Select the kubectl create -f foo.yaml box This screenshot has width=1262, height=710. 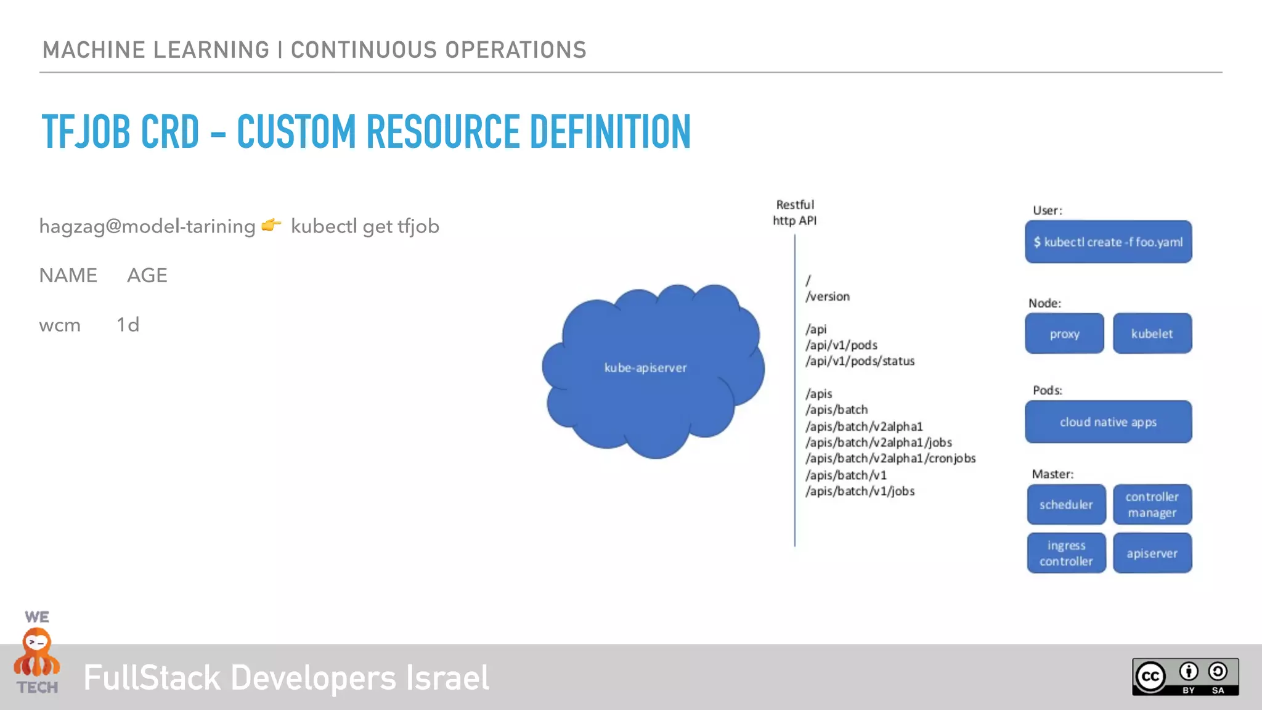pos(1108,242)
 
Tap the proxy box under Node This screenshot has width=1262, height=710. pos(1064,333)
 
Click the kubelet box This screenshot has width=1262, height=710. pos(1152,333)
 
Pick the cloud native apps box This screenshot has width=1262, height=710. pos(1108,422)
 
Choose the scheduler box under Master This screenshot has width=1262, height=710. pos(1066,504)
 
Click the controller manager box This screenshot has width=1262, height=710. pos(1152,504)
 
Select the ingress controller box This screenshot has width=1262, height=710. pos(1066,553)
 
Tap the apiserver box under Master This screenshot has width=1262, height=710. pos(1152,553)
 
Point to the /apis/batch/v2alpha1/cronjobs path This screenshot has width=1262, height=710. pos(890,459)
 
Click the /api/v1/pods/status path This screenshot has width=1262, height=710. pos(860,361)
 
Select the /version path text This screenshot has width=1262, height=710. pos(828,296)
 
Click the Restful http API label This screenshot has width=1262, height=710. pos(795,213)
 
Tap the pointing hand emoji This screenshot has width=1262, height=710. pos(271,225)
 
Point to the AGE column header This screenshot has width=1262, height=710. pos(147,275)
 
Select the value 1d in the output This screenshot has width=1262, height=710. pos(128,325)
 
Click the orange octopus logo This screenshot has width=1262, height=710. pos(37,653)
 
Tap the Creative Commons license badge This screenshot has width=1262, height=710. pos(1185,677)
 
